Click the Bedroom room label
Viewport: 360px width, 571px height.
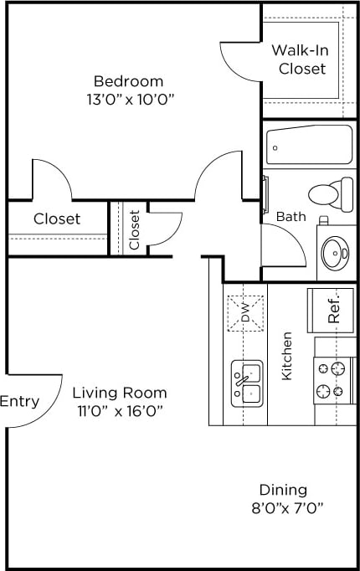coord(128,81)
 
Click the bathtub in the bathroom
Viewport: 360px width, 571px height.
coord(309,146)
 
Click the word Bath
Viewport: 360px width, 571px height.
coord(291,216)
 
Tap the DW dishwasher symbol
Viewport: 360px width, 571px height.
coord(244,313)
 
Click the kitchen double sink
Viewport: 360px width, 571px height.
coord(247,383)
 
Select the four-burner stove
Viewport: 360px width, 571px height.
coord(330,378)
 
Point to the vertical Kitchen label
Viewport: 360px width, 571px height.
coord(286,357)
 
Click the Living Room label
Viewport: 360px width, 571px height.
coord(119,392)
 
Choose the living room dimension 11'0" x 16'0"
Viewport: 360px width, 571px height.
coord(119,410)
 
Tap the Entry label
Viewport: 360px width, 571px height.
coord(19,401)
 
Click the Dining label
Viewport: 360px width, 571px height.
coord(282,490)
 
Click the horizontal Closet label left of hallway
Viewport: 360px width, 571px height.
coord(57,219)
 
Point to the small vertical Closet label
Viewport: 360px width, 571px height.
coord(134,229)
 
